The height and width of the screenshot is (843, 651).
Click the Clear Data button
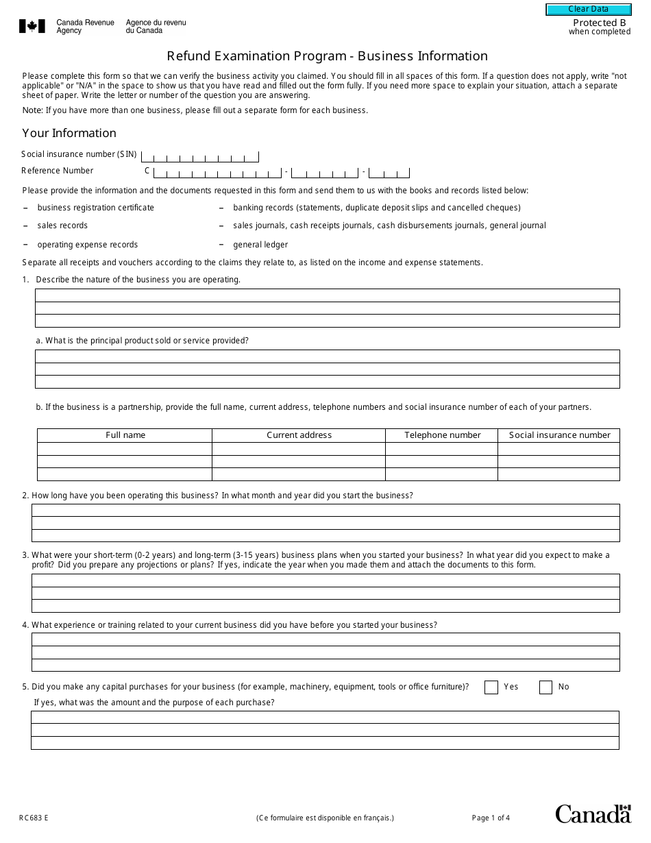(x=588, y=10)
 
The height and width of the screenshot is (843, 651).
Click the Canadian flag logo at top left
(x=32, y=27)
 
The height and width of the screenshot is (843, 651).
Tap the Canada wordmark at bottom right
(x=593, y=814)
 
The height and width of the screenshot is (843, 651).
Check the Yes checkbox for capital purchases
(x=491, y=687)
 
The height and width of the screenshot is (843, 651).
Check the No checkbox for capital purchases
(x=545, y=687)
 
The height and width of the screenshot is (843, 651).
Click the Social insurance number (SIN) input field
(x=199, y=156)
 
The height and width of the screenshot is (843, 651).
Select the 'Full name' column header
(x=125, y=435)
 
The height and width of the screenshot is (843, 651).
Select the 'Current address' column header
(x=299, y=435)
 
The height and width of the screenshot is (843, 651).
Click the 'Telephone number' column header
(x=442, y=435)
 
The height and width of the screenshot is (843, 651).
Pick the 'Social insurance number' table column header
(x=559, y=435)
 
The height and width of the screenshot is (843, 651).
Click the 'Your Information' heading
(x=69, y=133)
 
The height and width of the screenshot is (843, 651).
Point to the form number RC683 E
(x=34, y=818)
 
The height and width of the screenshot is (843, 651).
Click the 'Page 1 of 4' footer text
(x=491, y=818)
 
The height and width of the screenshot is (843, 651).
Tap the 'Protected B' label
(x=599, y=23)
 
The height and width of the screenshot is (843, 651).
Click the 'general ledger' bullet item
(x=260, y=245)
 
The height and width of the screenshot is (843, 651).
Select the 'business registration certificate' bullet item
(x=95, y=208)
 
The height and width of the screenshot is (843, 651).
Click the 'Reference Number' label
(x=58, y=171)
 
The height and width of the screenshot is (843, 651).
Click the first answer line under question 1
(x=327, y=295)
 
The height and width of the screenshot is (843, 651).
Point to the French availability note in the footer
(x=325, y=818)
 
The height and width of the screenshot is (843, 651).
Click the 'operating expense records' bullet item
(x=87, y=245)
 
